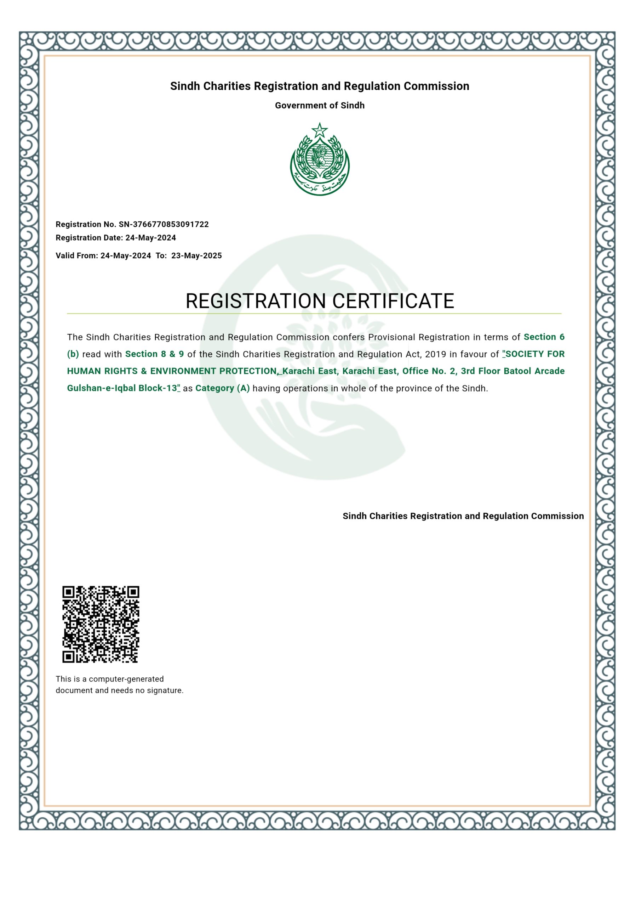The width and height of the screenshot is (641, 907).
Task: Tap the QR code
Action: [x=101, y=624]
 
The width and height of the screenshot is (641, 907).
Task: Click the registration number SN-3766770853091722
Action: [x=164, y=224]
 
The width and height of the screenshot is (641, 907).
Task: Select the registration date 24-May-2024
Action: [x=150, y=238]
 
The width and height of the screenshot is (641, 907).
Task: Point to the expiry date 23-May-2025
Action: [x=196, y=255]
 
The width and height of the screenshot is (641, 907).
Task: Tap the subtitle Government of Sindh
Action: [x=320, y=106]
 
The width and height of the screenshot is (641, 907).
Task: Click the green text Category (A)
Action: [x=223, y=388]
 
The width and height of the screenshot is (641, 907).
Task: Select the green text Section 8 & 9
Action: [x=154, y=354]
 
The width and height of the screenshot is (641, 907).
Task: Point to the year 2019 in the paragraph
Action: [x=435, y=354]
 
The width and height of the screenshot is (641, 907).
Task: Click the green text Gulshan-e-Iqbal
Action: [x=102, y=388]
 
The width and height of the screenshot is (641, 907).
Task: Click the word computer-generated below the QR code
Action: [x=126, y=679]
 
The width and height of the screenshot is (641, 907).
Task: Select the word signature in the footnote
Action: [x=165, y=691]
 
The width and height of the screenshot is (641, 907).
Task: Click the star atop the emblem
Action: [x=319, y=130]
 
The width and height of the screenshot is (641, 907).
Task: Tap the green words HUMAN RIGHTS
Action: [x=102, y=371]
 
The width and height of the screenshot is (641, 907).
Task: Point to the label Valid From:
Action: [x=76, y=255]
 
